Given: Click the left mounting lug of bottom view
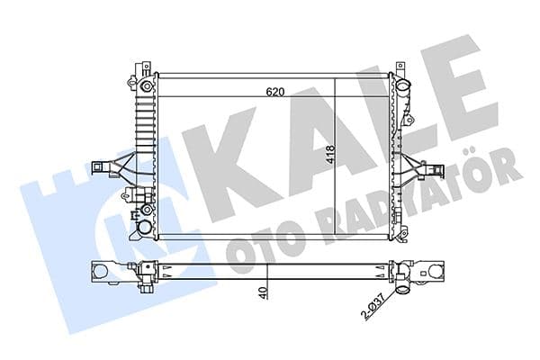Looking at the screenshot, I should point(102,270).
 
